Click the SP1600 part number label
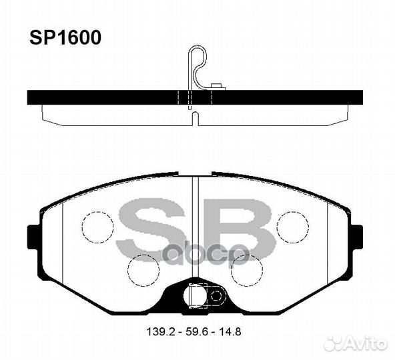point(63,38)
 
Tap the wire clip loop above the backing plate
point(195,60)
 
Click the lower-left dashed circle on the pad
point(143,270)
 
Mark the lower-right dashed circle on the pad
point(246,270)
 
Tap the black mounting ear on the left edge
point(33,237)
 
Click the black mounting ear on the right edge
point(356,237)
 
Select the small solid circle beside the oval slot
point(215,294)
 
